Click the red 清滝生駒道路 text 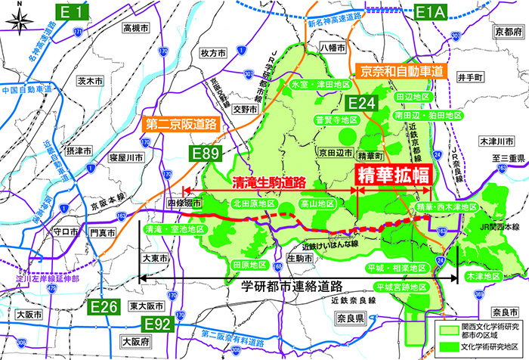(x=269, y=182)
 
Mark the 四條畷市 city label (x=184, y=203)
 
